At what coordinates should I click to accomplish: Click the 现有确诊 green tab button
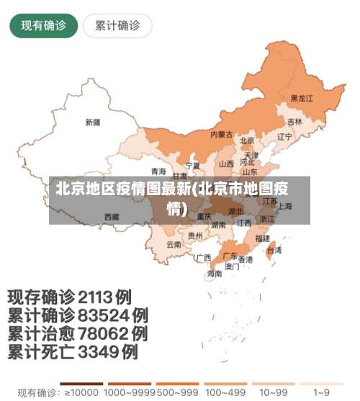pyautogui.click(x=43, y=26)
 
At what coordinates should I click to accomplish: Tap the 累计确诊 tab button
pyautogui.click(x=117, y=26)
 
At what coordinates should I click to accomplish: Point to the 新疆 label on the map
pyautogui.click(x=93, y=122)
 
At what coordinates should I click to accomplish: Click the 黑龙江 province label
pyautogui.click(x=302, y=98)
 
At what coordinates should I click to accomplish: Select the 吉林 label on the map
pyautogui.click(x=294, y=122)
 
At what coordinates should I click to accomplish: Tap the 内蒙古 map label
pyautogui.click(x=221, y=134)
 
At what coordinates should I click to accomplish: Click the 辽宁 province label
pyautogui.click(x=284, y=136)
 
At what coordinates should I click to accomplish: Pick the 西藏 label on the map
pyautogui.click(x=112, y=216)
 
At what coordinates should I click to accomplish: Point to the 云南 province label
pyautogui.click(x=174, y=244)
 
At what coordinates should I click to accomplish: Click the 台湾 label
pyautogui.click(x=274, y=251)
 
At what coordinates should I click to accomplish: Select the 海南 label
pyautogui.click(x=215, y=274)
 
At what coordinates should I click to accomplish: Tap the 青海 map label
pyautogui.click(x=158, y=171)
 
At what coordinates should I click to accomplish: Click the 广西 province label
pyautogui.click(x=203, y=257)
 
